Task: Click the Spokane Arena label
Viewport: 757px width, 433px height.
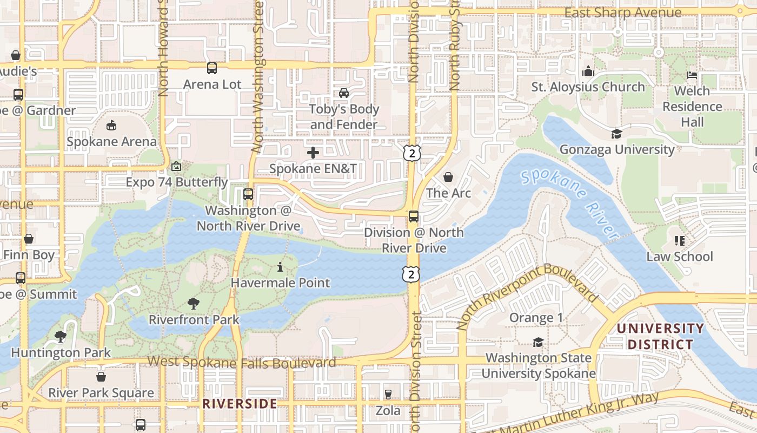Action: pyautogui.click(x=111, y=142)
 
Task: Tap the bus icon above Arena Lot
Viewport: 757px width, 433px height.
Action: pyautogui.click(x=212, y=68)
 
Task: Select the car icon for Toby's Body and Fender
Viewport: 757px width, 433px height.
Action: pyautogui.click(x=344, y=93)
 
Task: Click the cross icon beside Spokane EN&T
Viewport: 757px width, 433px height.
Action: pyautogui.click(x=313, y=153)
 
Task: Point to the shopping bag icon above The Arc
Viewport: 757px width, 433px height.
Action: pyautogui.click(x=448, y=177)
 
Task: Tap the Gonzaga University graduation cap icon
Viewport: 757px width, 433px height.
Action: pyautogui.click(x=616, y=134)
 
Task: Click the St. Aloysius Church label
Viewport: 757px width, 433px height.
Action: pyautogui.click(x=588, y=87)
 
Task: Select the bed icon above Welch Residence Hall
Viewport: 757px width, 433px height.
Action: pyautogui.click(x=692, y=75)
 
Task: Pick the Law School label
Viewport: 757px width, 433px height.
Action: pyautogui.click(x=680, y=257)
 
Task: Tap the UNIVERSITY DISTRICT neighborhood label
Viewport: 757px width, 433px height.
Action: pyautogui.click(x=660, y=336)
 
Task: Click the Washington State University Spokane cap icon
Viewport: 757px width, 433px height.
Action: pyautogui.click(x=538, y=342)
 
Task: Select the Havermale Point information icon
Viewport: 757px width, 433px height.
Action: pyautogui.click(x=280, y=267)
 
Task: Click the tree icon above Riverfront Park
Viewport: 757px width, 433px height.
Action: pyautogui.click(x=194, y=304)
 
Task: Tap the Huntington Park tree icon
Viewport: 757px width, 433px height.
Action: pyautogui.click(x=61, y=337)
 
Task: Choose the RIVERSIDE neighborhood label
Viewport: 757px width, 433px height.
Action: pyautogui.click(x=240, y=404)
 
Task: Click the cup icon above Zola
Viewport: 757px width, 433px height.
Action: pyautogui.click(x=388, y=395)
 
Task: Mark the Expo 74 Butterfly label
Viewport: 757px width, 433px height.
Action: pyautogui.click(x=177, y=182)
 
